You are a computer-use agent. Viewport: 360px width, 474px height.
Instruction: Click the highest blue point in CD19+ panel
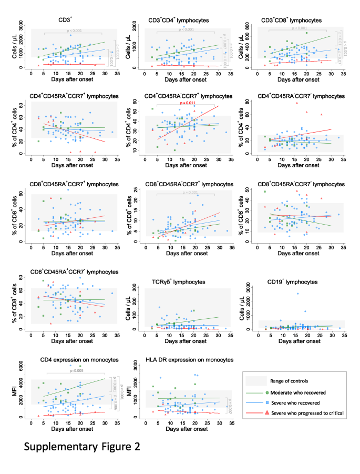click(x=297, y=294)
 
